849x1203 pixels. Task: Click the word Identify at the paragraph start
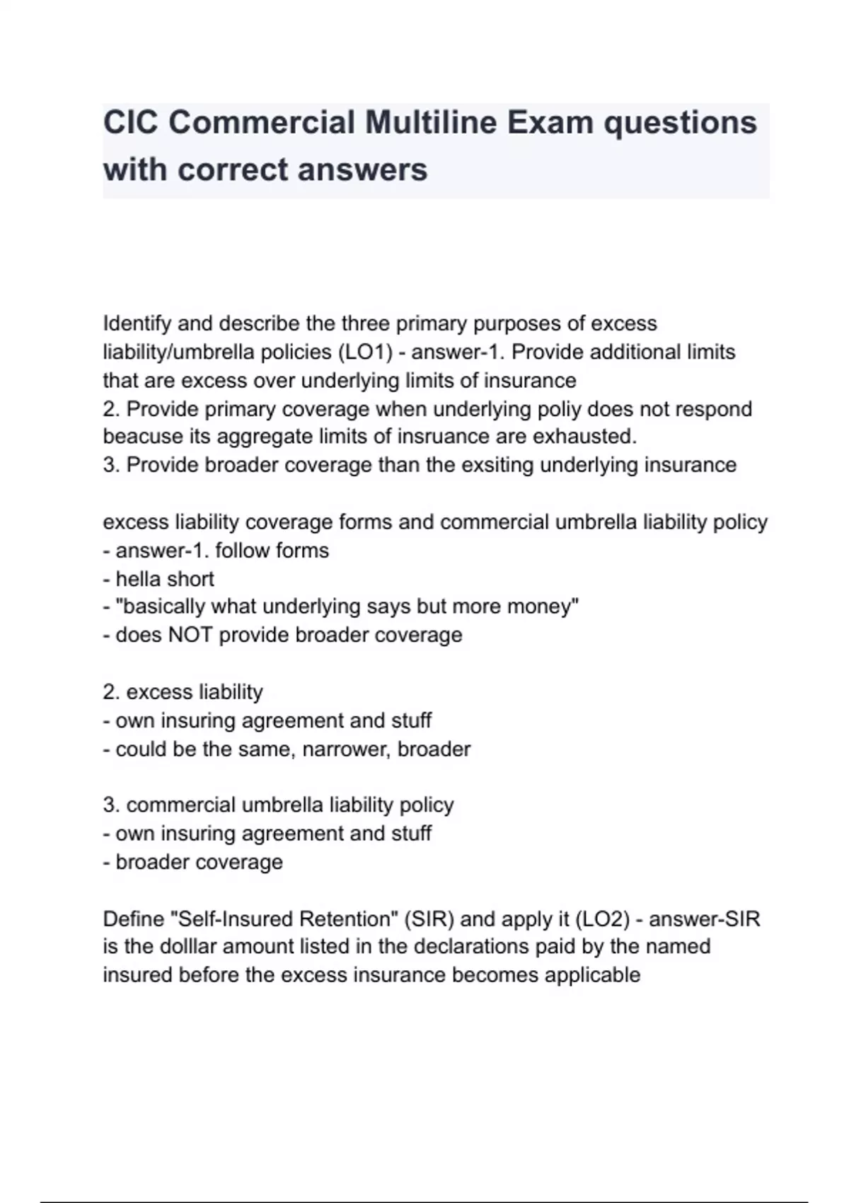point(137,323)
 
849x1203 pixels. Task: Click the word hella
point(139,579)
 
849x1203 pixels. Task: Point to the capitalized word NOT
point(190,635)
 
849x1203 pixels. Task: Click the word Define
point(133,919)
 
